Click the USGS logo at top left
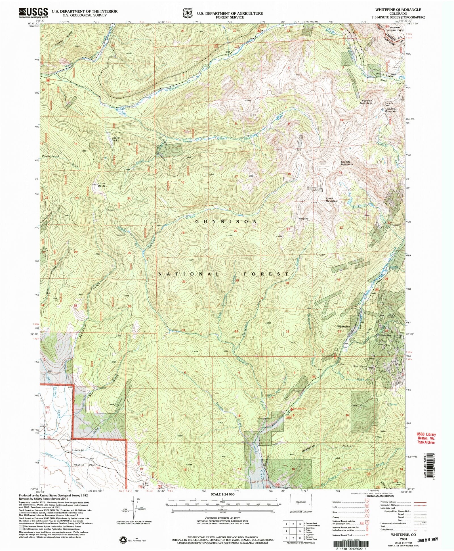tap(33, 13)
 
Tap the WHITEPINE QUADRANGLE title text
tap(398, 10)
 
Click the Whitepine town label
tap(344, 327)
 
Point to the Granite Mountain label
tap(347, 163)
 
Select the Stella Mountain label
tap(331, 200)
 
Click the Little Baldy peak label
tap(101, 185)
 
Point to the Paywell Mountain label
tap(366, 102)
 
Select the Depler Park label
tap(114, 139)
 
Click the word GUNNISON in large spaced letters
tap(226, 221)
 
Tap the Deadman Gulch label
tap(326, 447)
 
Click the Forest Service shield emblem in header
tap(186, 13)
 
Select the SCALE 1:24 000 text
tap(222, 494)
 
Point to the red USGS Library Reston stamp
tap(426, 438)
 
